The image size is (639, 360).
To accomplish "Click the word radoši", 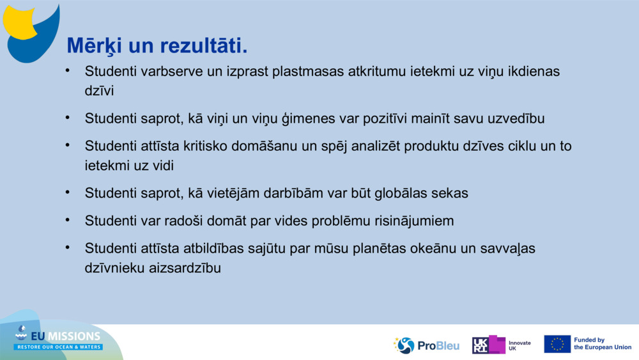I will pyautogui.click(x=177, y=221).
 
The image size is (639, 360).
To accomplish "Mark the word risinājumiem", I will pyautogui.click(x=406, y=221).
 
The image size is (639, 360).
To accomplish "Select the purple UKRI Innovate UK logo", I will pyautogui.click(x=489, y=345).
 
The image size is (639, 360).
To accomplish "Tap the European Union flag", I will pyautogui.click(x=557, y=344).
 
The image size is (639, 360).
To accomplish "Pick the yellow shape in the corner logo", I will pyautogui.click(x=20, y=22).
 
